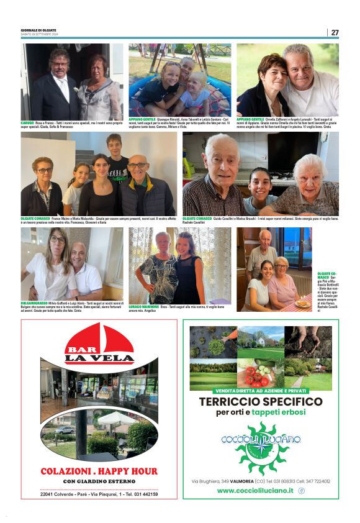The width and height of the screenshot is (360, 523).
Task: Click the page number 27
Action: click(335, 32)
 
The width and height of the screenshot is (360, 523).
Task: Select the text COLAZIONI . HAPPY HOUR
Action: click(99, 471)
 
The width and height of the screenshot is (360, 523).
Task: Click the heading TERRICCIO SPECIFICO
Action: click(261, 402)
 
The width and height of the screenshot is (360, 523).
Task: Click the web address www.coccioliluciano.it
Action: click(255, 490)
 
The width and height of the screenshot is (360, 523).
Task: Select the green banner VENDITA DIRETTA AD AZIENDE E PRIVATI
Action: click(261, 391)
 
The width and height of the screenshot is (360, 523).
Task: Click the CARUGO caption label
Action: click(27, 123)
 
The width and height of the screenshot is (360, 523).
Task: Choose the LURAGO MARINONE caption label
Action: click(143, 306)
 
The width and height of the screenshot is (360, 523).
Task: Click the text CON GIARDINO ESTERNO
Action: click(99, 481)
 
